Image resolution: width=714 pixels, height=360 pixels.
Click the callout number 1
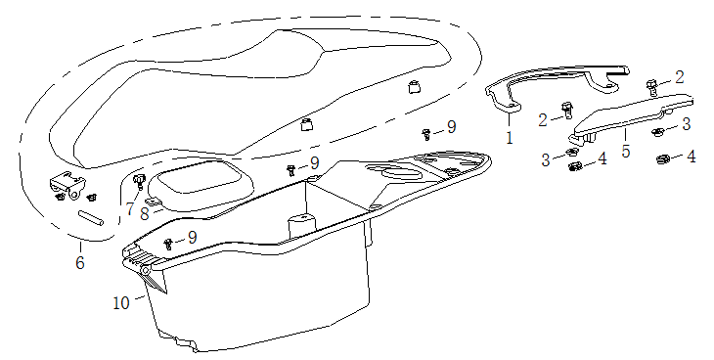[x=509, y=138]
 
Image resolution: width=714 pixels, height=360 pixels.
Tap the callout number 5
[x=626, y=153]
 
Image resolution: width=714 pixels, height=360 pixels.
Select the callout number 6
[x=80, y=263]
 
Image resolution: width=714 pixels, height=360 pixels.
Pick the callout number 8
[x=144, y=212]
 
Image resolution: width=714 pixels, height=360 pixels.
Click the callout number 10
[x=121, y=302]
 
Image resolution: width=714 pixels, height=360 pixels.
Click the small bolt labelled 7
[x=138, y=180]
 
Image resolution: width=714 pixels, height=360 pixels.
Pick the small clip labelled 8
[x=154, y=201]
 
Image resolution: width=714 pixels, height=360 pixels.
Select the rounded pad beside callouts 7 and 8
[x=201, y=182]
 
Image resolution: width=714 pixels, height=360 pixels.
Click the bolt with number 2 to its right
[x=653, y=86]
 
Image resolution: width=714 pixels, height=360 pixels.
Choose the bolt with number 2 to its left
[x=565, y=111]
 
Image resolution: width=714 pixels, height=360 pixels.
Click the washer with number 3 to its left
[x=570, y=153]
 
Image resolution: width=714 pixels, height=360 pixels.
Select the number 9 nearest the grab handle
[x=451, y=127]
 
